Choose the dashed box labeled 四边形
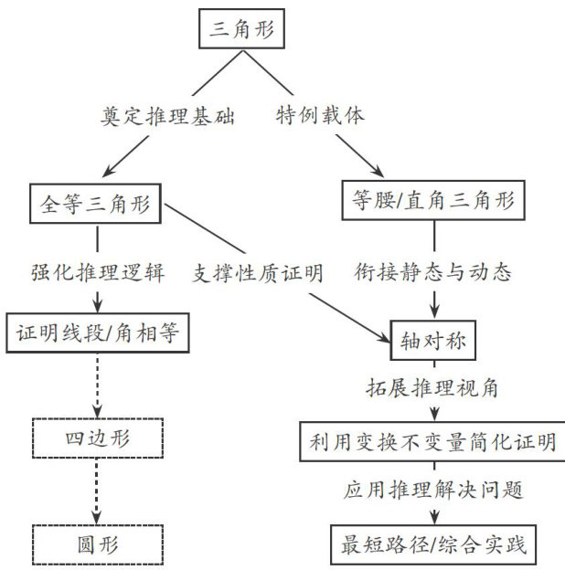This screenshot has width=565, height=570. click(x=98, y=438)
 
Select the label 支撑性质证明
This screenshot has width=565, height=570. click(x=258, y=272)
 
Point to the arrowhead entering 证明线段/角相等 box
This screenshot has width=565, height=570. click(x=97, y=309)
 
